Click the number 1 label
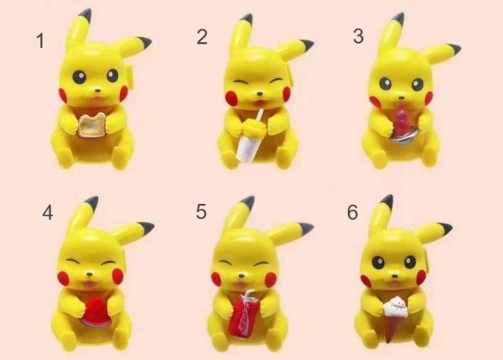click(40, 41)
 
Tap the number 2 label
click(202, 37)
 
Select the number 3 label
click(358, 36)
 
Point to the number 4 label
click(48, 212)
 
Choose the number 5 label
click(201, 211)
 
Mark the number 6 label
click(353, 212)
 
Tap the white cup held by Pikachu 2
click(247, 143)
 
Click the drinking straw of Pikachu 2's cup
click(258, 116)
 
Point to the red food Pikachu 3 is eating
click(402, 121)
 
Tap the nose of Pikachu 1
click(98, 91)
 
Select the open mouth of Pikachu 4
click(88, 284)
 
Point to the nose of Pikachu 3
click(402, 97)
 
